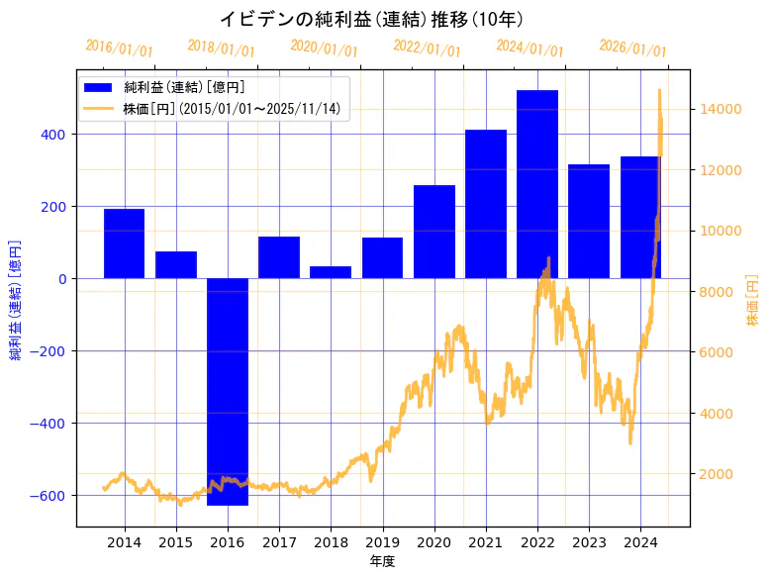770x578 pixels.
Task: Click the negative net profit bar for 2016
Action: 228,391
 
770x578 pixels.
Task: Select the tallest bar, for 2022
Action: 537,184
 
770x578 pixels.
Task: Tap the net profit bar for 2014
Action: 124,243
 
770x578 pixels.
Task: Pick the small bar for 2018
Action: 331,272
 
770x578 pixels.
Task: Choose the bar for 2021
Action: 486,204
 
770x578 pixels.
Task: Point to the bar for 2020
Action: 434,232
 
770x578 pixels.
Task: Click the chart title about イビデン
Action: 370,19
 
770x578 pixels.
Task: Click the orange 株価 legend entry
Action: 232,109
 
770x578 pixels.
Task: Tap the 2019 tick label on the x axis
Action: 382,541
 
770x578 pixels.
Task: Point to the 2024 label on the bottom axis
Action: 640,541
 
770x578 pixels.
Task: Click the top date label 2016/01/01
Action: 119,48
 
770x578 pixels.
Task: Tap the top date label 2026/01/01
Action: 633,48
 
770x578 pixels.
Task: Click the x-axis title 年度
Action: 382,561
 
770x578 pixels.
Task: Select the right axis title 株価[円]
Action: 753,301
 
